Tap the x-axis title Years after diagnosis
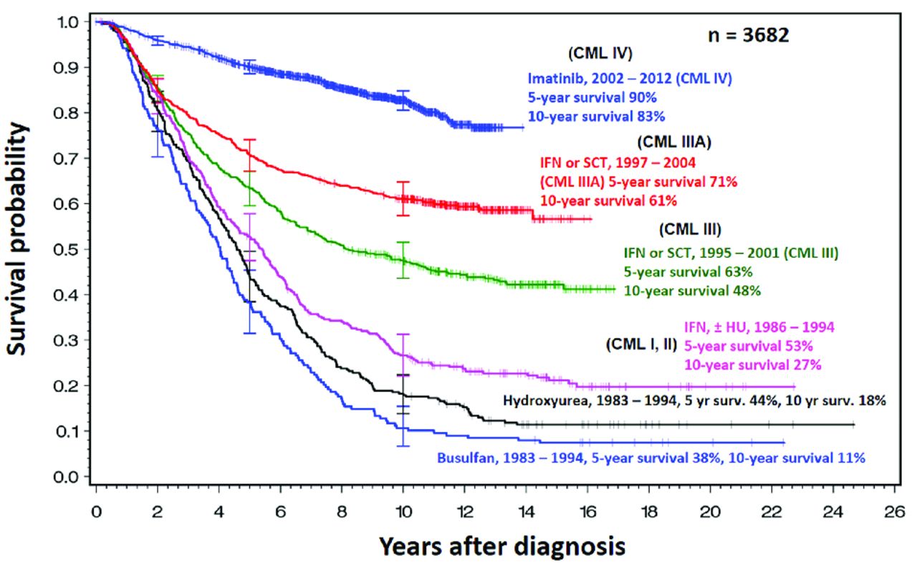(x=502, y=546)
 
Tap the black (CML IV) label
(x=600, y=54)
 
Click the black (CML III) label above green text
(x=688, y=230)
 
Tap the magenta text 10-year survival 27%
(x=752, y=365)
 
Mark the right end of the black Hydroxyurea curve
(x=854, y=425)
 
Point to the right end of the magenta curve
(x=794, y=386)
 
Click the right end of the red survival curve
(x=592, y=218)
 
